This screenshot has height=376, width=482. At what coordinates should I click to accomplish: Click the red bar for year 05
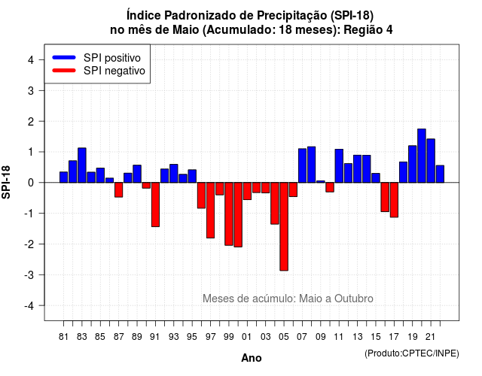[284, 226]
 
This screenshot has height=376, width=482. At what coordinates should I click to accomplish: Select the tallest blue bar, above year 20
[422, 156]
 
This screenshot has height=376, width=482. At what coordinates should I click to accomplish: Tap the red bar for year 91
[155, 205]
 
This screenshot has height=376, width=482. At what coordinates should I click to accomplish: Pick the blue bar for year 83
[82, 165]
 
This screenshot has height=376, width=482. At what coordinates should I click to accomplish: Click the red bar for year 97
[210, 211]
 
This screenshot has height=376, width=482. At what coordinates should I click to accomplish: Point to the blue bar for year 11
[339, 165]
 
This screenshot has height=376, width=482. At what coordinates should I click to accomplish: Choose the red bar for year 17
[394, 200]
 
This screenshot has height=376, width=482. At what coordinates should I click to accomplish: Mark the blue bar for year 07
[302, 165]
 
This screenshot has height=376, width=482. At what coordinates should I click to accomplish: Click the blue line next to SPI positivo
[64, 57]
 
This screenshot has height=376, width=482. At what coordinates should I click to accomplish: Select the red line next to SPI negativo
[64, 71]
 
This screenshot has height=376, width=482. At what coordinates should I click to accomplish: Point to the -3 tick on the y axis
[41, 274]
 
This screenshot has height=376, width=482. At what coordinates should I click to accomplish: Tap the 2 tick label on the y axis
[31, 122]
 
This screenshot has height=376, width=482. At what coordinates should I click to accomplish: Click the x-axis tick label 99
[229, 337]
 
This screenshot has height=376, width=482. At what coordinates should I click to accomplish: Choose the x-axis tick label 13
[357, 337]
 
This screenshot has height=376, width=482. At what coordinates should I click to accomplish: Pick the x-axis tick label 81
[63, 337]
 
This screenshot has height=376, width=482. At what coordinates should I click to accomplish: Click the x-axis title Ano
[251, 358]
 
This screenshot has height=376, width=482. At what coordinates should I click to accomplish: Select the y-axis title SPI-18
[6, 182]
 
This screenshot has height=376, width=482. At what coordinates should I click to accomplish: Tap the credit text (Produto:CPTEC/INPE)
[412, 353]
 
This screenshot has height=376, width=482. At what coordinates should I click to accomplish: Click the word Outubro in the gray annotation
[354, 299]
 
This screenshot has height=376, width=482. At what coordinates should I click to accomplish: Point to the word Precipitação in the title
[291, 16]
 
